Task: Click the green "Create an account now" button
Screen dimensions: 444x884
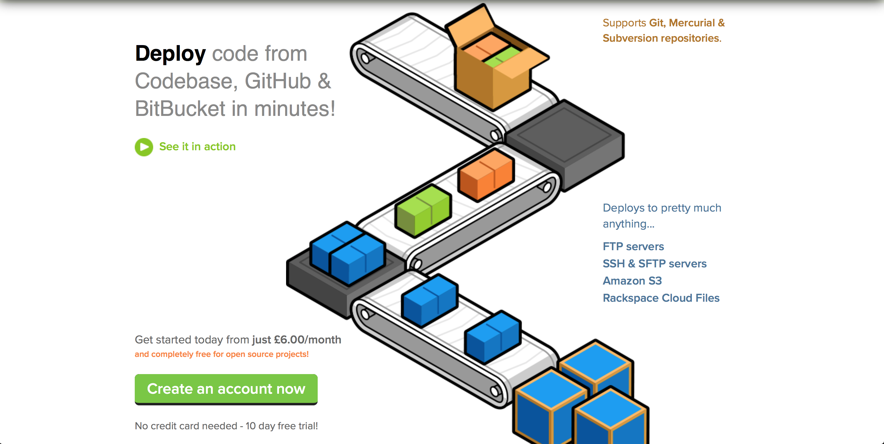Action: pyautogui.click(x=226, y=389)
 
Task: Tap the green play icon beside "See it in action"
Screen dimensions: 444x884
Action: pyautogui.click(x=144, y=147)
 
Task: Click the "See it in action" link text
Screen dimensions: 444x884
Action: pyautogui.click(x=197, y=147)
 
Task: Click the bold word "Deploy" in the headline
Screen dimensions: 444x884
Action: pyautogui.click(x=170, y=54)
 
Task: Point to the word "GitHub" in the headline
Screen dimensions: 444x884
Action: pyautogui.click(x=277, y=81)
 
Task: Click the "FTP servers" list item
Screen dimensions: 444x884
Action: pyautogui.click(x=633, y=247)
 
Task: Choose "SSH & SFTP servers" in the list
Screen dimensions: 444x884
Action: pyautogui.click(x=654, y=264)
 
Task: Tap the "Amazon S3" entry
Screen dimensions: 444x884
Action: pyautogui.click(x=632, y=281)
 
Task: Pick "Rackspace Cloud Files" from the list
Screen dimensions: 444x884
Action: pyautogui.click(x=661, y=298)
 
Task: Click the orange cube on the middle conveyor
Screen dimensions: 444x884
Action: pyautogui.click(x=487, y=175)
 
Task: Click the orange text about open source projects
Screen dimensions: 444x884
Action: pyautogui.click(x=222, y=354)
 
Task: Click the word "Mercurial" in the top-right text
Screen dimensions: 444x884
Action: pyautogui.click(x=692, y=23)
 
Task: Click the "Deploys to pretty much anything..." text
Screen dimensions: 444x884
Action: pyautogui.click(x=662, y=216)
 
